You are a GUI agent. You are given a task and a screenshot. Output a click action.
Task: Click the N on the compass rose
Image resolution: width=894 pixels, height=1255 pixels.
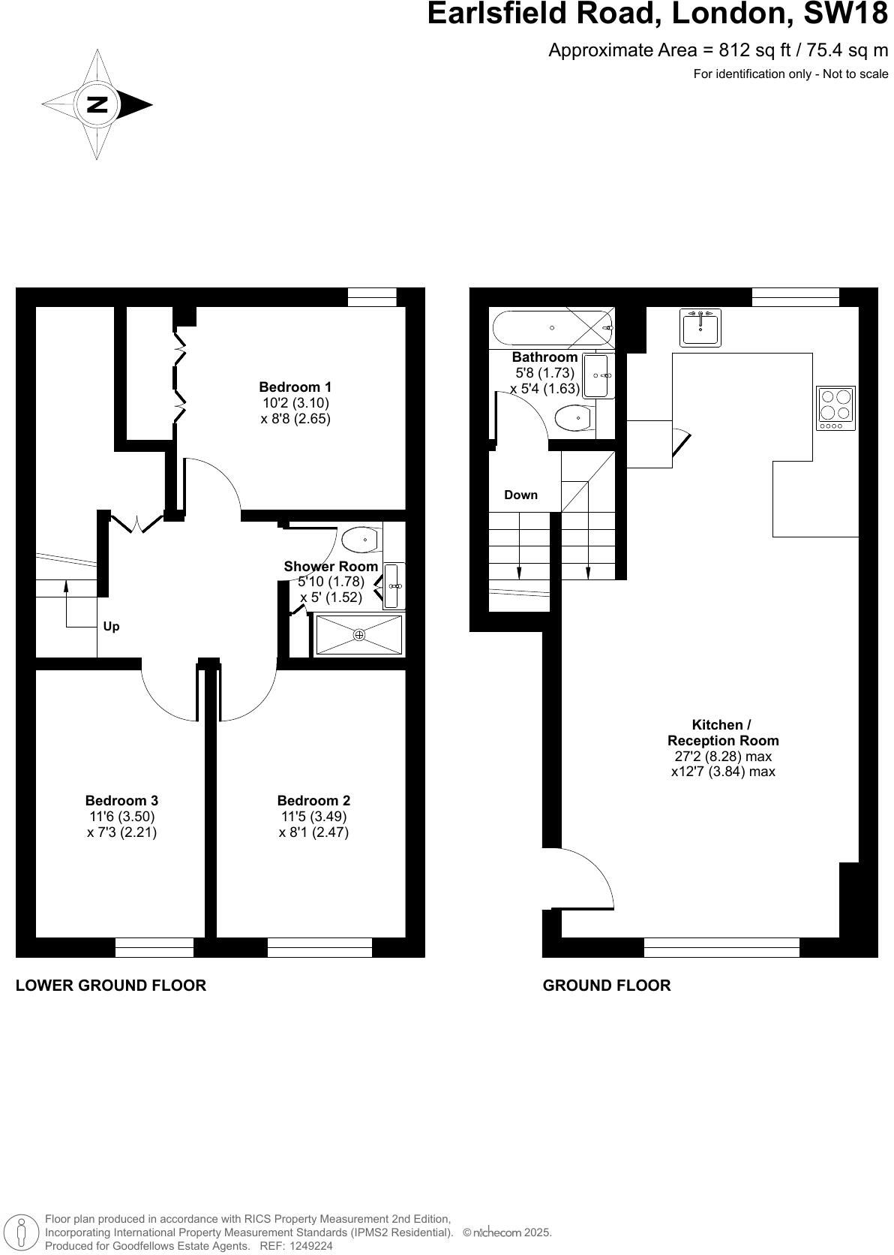tap(97, 104)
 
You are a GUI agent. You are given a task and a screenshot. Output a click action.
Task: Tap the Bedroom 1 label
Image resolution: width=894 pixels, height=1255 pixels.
tap(295, 387)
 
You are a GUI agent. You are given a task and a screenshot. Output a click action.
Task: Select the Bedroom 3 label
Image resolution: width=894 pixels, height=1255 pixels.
tap(121, 800)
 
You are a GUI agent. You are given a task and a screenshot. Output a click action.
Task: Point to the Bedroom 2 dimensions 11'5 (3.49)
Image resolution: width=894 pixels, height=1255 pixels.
tap(313, 816)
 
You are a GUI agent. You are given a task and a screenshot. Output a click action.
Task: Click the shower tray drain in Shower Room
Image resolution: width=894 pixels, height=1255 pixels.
tap(359, 635)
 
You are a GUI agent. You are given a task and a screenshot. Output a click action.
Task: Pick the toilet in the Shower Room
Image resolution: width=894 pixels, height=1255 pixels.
tap(361, 538)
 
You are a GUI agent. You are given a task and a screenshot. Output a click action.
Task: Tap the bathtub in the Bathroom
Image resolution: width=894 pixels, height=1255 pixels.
tap(552, 328)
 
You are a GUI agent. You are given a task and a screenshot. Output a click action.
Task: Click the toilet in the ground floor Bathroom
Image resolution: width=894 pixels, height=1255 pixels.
tap(574, 417)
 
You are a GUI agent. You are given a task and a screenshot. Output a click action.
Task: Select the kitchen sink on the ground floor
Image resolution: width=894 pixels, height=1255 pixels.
tap(700, 327)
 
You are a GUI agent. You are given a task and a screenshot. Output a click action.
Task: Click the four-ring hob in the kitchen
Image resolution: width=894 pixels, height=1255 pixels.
tap(835, 408)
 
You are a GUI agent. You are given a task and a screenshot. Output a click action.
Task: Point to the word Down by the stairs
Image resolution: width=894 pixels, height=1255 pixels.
tap(520, 495)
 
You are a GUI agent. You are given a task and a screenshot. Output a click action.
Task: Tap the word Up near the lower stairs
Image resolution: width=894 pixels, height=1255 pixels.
tap(111, 626)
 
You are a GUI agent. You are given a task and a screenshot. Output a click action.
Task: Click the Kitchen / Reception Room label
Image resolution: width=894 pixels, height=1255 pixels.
tap(722, 733)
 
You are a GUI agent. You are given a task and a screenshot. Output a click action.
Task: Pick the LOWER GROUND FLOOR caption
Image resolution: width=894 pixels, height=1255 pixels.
tap(111, 985)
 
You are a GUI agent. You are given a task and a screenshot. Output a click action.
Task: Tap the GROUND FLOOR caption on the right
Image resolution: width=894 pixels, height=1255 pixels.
tap(606, 985)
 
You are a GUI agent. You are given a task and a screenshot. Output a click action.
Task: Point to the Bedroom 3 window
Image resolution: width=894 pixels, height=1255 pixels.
tap(154, 947)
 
